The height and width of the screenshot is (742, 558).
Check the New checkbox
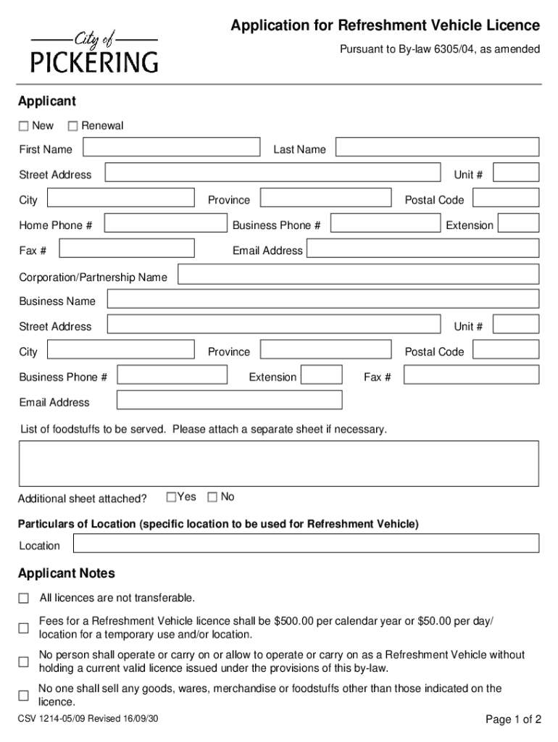pyautogui.click(x=24, y=126)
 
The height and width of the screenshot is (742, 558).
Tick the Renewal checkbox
pyautogui.click(x=72, y=126)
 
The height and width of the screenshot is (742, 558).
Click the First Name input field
pyautogui.click(x=170, y=148)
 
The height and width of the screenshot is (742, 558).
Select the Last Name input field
pyautogui.click(x=437, y=148)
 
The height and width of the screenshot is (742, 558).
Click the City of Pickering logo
pyautogui.click(x=94, y=53)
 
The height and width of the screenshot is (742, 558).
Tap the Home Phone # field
pyautogui.click(x=165, y=224)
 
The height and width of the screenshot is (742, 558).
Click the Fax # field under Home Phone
pyautogui.click(x=126, y=249)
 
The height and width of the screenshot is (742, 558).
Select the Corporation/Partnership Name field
pyautogui.click(x=358, y=275)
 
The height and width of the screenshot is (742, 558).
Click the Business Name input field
pyautogui.click(x=322, y=300)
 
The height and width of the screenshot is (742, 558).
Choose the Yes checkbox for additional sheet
pyautogui.click(x=171, y=497)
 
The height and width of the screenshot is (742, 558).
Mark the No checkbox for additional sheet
pyautogui.click(x=212, y=497)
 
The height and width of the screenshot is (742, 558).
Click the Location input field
pyautogui.click(x=304, y=543)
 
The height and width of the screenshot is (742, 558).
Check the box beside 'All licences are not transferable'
pyautogui.click(x=24, y=599)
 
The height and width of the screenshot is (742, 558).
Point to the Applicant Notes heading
pyautogui.click(x=67, y=574)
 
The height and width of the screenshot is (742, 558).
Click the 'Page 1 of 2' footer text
pyautogui.click(x=513, y=720)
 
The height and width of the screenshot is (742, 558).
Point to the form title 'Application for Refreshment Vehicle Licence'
pyautogui.click(x=385, y=26)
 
